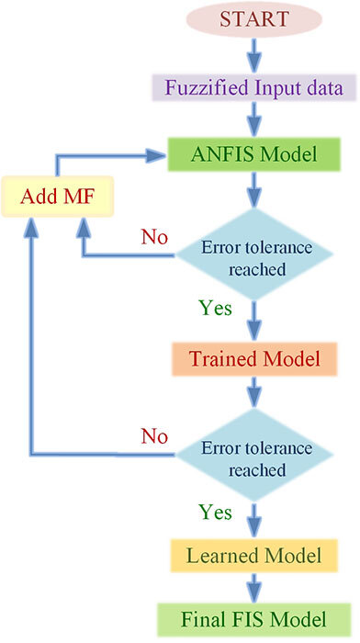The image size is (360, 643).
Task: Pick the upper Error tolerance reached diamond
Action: click(x=254, y=258)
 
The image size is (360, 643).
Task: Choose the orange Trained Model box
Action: click(x=254, y=360)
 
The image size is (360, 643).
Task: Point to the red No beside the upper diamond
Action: click(x=153, y=237)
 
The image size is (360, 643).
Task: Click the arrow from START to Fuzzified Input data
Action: click(x=254, y=54)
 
